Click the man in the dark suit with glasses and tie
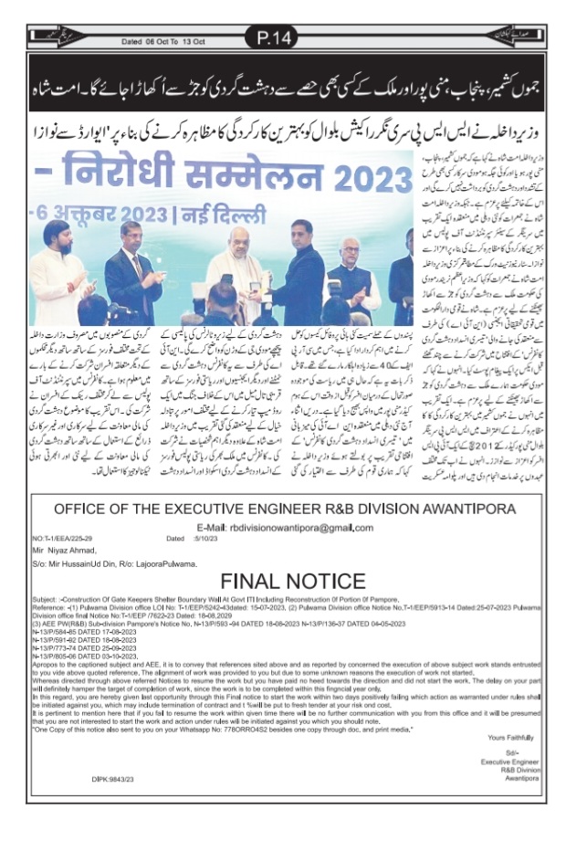[129, 274]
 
